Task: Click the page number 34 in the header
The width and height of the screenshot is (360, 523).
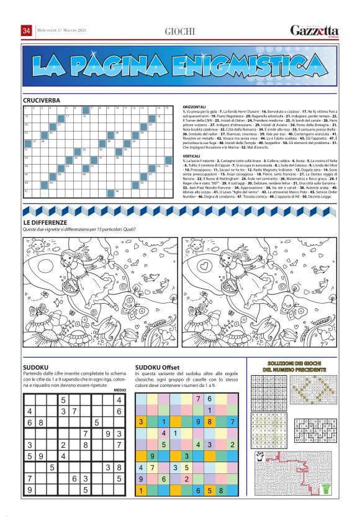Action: (x=27, y=31)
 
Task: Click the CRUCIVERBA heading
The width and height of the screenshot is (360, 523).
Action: (x=42, y=100)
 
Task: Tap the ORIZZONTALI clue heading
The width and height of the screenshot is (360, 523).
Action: (x=196, y=106)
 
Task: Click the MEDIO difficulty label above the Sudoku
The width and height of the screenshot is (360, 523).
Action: (x=120, y=389)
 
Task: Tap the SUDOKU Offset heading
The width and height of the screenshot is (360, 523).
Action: (x=157, y=367)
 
